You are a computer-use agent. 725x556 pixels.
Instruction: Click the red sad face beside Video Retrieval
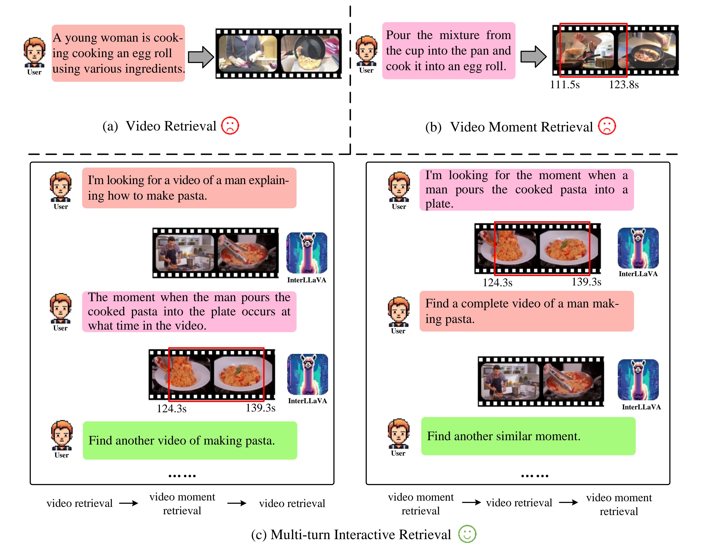[x=230, y=126]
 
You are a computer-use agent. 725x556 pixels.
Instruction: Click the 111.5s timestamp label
[x=565, y=85]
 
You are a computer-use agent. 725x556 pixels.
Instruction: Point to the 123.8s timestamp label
[x=624, y=85]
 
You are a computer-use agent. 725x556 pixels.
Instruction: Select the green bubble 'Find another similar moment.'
[x=528, y=436]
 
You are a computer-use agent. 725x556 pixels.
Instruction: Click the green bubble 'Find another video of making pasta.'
[x=190, y=441]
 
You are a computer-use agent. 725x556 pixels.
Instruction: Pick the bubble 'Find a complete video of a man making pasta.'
[x=526, y=311]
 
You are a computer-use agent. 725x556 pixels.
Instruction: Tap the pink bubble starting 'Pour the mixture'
[x=449, y=51]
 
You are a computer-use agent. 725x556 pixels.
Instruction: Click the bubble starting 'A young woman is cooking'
[x=118, y=53]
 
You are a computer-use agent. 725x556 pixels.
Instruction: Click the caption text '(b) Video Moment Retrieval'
[x=509, y=127]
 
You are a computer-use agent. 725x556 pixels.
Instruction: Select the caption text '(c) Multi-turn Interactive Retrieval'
[x=351, y=535]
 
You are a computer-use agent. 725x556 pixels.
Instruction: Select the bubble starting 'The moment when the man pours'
[x=189, y=311]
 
